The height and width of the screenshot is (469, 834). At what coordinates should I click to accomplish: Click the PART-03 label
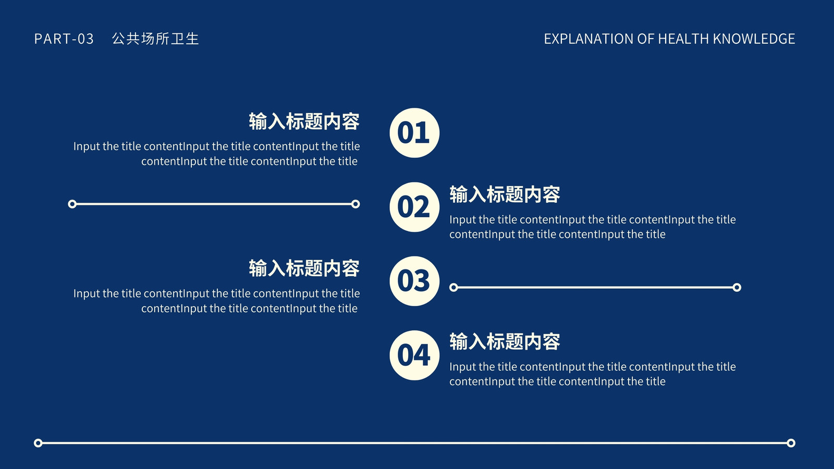coord(64,39)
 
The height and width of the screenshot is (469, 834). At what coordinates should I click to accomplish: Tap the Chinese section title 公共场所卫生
coord(155,39)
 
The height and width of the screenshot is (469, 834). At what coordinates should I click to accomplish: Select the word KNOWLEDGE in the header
coord(754,39)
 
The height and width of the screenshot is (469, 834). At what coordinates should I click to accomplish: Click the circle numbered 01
coord(414,133)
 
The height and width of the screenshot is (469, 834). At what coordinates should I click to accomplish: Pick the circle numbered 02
coord(414,207)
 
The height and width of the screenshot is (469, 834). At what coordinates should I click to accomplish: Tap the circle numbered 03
coord(414,281)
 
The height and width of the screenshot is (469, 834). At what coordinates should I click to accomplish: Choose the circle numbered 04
coord(414,355)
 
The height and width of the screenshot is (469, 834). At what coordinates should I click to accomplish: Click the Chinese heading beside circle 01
coord(304,121)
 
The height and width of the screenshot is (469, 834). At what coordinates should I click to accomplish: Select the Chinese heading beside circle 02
coord(505,194)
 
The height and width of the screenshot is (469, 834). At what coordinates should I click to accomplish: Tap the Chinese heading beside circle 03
coord(304,268)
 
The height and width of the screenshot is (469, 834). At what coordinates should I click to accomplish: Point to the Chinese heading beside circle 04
coord(505,341)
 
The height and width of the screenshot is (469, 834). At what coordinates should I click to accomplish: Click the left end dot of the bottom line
coord(38,443)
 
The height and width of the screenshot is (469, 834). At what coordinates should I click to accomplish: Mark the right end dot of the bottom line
coord(791,443)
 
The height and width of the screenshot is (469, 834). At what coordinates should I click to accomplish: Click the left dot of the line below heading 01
coord(72,204)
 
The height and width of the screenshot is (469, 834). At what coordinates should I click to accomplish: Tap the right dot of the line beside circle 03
coord(737,287)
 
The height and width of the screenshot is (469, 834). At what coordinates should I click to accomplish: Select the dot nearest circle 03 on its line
coord(453,287)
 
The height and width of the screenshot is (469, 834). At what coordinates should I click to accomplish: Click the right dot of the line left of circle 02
coord(355,204)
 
